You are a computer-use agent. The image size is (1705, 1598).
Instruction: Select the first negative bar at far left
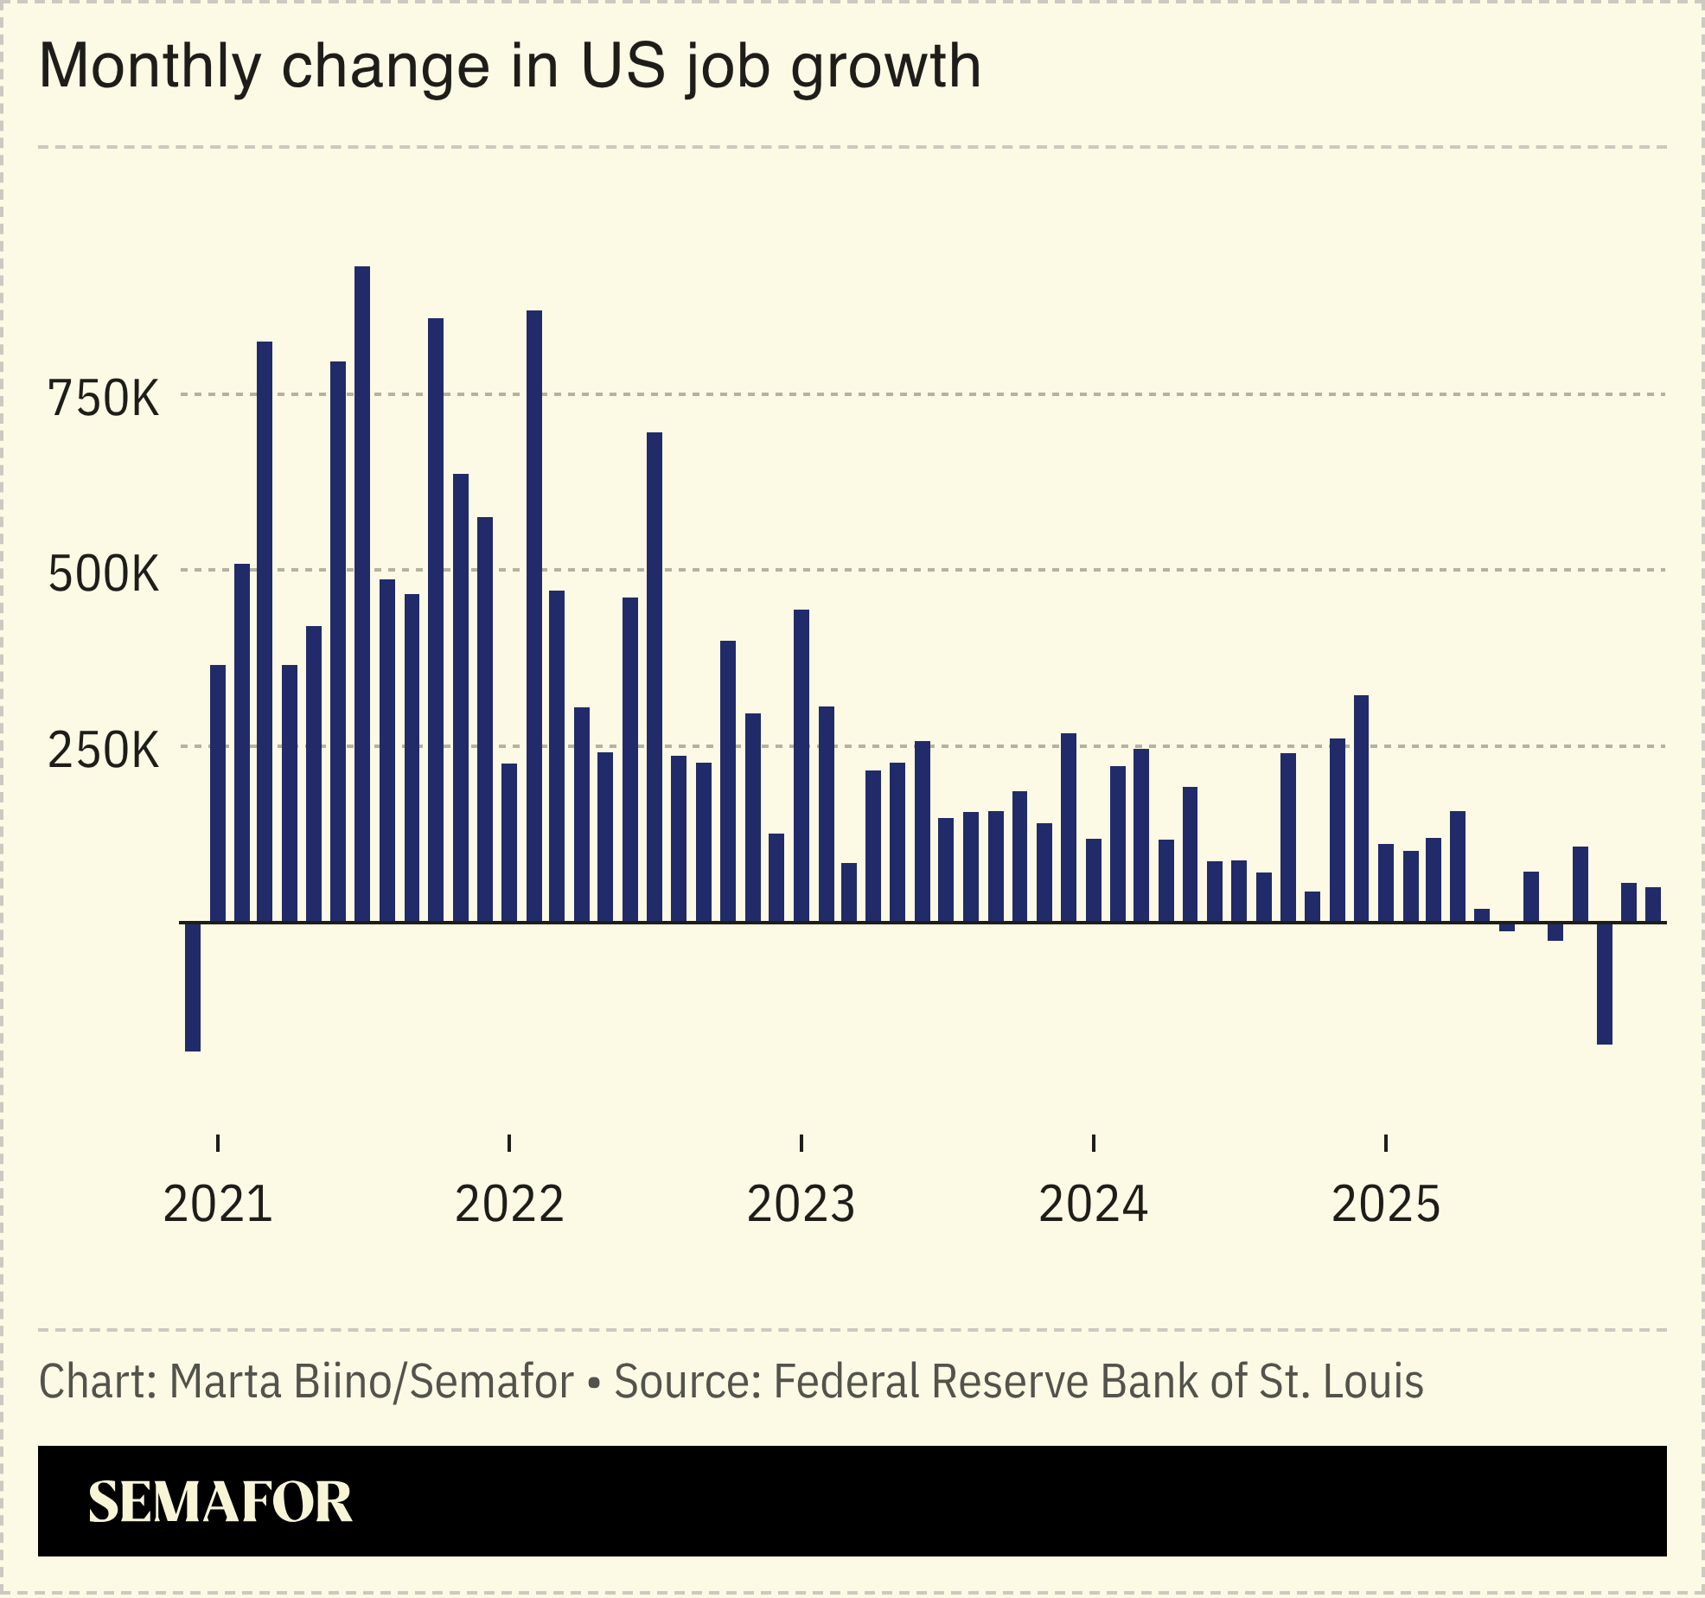193,987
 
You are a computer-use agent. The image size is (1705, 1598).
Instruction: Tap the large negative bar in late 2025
1604,983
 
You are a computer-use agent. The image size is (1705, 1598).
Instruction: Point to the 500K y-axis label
104,574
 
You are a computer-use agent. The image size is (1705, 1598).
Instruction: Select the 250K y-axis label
104,751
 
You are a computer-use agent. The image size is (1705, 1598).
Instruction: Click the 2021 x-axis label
218,1204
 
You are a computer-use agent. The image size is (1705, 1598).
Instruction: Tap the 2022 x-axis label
509,1204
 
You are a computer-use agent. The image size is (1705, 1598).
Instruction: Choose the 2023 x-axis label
801,1204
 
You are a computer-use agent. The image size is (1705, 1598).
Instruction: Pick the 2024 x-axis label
1094,1204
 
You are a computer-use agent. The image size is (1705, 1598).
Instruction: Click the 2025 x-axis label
1386,1204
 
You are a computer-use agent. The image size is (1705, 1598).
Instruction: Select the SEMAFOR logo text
220,1503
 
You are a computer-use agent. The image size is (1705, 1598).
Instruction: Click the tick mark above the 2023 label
801,1142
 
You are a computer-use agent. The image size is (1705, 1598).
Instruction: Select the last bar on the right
1652,904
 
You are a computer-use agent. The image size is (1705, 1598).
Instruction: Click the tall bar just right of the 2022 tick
534,616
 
